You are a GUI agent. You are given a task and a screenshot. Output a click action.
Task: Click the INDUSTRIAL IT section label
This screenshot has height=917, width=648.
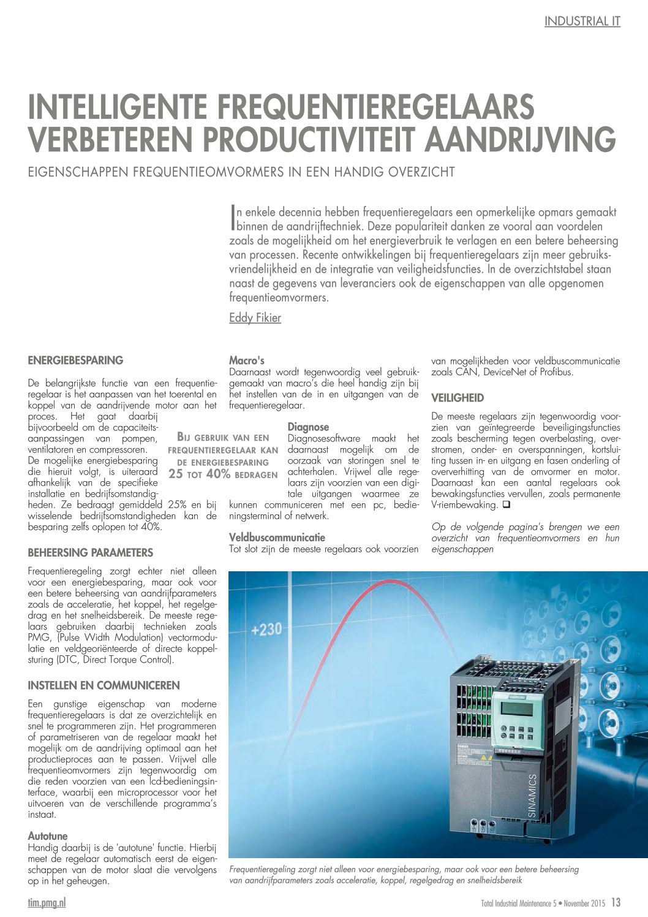pos(582,21)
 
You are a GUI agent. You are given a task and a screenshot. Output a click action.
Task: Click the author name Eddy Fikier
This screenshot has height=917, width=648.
pos(255,318)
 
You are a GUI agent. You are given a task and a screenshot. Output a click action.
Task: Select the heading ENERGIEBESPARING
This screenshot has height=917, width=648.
pos(75,360)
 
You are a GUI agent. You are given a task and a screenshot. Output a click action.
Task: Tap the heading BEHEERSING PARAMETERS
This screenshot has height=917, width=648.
pos(91,553)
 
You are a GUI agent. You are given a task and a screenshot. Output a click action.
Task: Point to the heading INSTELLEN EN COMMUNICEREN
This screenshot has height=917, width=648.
pos(104,685)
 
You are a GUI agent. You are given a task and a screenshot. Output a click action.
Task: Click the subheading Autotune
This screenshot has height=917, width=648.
pos(48,835)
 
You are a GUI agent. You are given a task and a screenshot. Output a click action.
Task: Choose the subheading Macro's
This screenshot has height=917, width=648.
pos(246,360)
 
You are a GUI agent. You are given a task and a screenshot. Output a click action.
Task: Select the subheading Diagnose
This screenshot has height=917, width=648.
pos(308,427)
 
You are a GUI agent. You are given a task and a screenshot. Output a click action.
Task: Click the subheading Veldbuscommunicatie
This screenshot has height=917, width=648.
pos(277,538)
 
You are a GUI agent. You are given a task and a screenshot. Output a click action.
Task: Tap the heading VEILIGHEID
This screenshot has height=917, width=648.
pos(458,398)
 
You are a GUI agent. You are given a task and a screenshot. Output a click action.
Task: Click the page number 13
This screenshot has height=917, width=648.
pos(616,902)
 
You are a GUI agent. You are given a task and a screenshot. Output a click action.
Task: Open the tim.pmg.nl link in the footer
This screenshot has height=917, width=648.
pos(47,903)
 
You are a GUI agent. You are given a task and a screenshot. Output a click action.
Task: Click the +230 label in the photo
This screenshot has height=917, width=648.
pos(266,629)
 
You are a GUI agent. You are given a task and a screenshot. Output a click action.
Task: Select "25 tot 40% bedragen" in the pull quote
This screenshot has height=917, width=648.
pos(223,474)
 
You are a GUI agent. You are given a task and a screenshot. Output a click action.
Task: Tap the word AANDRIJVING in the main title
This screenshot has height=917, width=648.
pos(520,139)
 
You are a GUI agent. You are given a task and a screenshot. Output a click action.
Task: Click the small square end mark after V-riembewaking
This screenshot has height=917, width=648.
pos(506,505)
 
